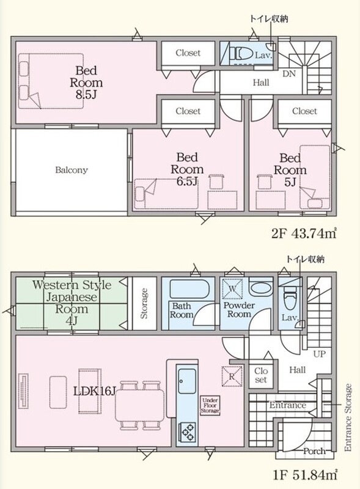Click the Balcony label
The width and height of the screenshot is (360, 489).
tap(72, 170)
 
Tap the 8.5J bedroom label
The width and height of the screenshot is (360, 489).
tap(86, 83)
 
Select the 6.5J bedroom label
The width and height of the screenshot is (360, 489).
tap(187, 169)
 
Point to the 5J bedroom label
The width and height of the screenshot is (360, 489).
tap(290, 170)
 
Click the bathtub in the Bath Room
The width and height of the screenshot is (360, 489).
tap(188, 289)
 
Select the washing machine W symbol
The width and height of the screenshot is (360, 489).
tap(232, 289)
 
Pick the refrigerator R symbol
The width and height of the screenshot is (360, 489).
tap(232, 377)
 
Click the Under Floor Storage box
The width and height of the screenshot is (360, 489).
tap(210, 406)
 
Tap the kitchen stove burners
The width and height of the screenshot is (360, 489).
tap(187, 432)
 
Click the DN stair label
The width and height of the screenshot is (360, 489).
tap(289, 74)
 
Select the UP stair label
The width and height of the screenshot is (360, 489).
tap(320, 354)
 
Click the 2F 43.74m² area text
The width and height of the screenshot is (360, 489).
tap(304, 233)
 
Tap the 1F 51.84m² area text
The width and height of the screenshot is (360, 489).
tap(304, 475)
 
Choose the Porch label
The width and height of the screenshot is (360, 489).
tap(314, 451)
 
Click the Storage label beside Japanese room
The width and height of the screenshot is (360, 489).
tap(144, 303)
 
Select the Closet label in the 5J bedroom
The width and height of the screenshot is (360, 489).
tap(304, 111)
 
